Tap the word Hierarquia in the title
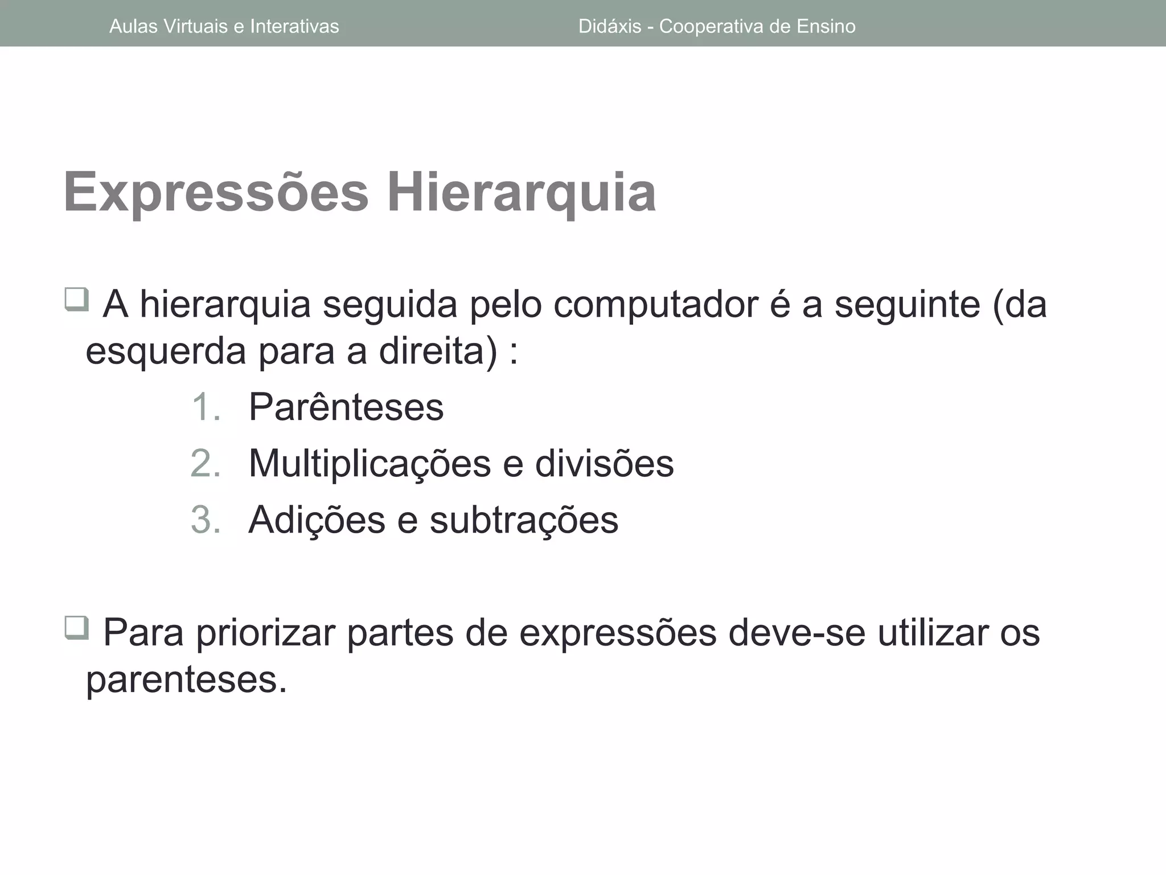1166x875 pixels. (522, 193)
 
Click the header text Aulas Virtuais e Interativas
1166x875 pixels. (224, 26)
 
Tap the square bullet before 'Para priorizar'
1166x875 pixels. (76, 628)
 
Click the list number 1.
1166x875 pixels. (206, 407)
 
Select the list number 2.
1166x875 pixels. (206, 463)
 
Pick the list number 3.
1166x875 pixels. (206, 520)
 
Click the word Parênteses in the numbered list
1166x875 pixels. (346, 407)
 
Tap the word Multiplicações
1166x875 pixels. (369, 463)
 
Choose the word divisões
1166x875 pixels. (604, 463)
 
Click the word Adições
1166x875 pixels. (317, 520)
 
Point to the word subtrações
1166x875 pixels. (524, 520)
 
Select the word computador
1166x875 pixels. (655, 305)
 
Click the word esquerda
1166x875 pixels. (166, 351)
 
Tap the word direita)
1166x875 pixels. (438, 351)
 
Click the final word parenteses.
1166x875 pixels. (186, 680)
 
